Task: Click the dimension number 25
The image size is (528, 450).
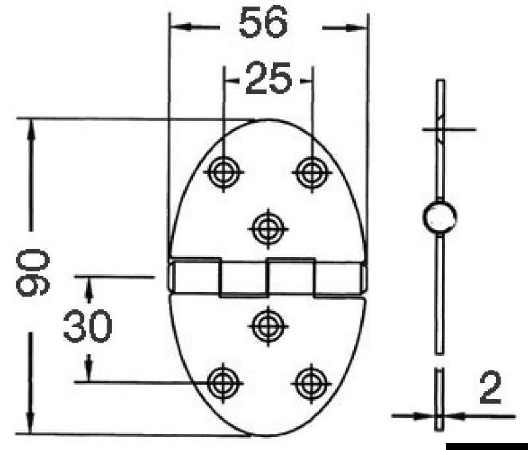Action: point(267,80)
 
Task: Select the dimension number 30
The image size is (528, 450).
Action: point(88,327)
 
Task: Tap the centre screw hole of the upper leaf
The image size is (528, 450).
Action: point(268,228)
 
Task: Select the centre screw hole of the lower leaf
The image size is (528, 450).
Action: point(268,325)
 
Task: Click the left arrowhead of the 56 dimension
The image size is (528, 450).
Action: point(181,27)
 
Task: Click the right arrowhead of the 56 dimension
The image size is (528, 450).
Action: point(356,27)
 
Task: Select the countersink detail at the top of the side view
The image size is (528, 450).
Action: point(440,127)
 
